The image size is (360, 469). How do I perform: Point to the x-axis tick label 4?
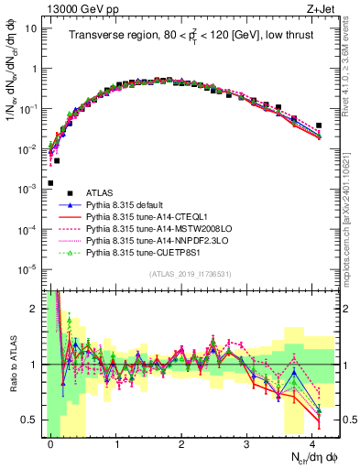click(312, 442)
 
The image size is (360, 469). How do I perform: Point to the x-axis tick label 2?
click(181, 442)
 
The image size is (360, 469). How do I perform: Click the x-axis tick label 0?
click(51, 442)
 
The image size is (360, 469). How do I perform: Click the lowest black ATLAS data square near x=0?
click(51, 183)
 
